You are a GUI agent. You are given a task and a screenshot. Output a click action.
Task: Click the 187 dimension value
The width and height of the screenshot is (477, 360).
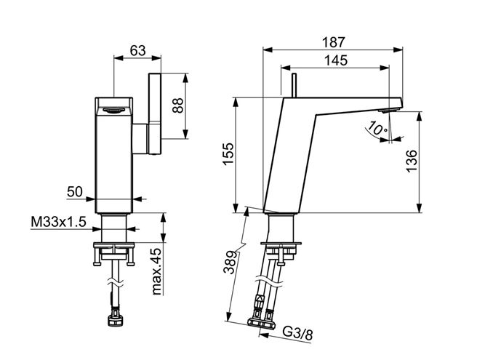coord(334,42)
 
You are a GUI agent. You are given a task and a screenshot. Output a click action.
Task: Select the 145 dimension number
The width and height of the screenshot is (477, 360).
coord(336,60)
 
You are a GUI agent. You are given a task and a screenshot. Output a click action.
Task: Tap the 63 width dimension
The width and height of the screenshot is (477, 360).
coord(138,50)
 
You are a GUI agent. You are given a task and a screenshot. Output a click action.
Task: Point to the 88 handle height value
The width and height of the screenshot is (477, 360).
coord(177,105)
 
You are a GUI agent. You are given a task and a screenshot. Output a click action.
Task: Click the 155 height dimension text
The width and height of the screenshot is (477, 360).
coord(228,153)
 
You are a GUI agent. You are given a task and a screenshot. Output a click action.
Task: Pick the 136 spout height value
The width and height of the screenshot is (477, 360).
coord(412,161)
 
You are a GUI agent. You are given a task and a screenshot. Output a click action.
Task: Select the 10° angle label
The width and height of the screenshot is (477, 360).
coord(377,129)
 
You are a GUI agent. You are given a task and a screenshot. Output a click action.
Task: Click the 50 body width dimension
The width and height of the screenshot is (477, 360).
coord(75,192)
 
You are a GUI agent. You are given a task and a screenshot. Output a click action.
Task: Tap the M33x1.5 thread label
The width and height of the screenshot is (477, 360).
coord(59,222)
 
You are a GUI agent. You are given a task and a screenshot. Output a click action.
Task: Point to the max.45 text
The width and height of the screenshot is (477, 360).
coord(156,271)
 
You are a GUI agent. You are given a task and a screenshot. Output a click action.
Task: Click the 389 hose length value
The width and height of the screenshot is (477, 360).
coord(231,263)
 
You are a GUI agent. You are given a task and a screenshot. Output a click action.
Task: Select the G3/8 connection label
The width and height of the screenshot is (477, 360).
coord(298,333)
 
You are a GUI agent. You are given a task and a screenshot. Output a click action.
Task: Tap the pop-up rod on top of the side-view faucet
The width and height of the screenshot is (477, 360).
coord(294,86)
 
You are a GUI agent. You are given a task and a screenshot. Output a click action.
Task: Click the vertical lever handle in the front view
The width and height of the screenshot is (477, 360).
coord(155,113)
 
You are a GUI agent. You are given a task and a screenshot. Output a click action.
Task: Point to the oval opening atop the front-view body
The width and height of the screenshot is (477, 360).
coord(113,110)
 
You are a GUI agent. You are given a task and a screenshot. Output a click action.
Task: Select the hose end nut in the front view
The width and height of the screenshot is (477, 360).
coord(116,321)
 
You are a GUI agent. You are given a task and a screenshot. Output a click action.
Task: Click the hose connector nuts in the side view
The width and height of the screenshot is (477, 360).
coord(261,324)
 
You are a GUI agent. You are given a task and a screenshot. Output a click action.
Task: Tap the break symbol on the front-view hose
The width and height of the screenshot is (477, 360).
coord(116,283)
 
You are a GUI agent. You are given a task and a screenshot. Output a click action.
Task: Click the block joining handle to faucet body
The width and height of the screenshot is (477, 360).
coord(140,139)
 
